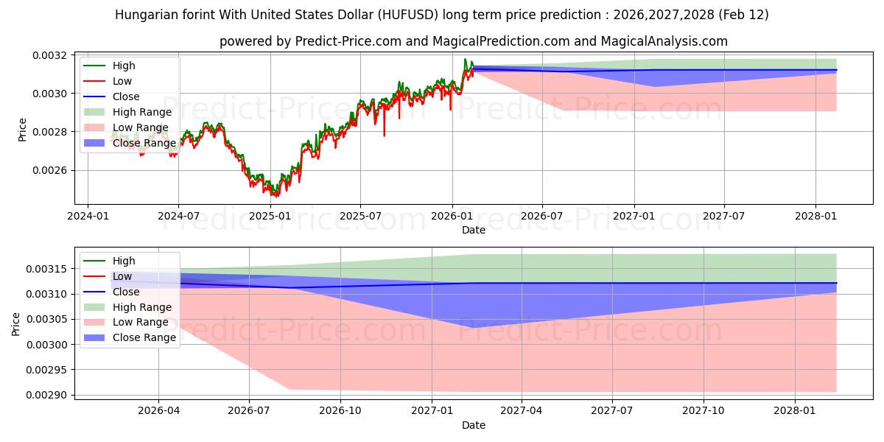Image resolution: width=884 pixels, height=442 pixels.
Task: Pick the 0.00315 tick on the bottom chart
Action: click(x=51, y=269)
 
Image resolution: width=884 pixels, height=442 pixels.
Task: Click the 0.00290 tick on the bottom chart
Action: click(x=51, y=396)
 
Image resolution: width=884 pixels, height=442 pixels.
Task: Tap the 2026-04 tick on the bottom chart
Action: click(x=158, y=410)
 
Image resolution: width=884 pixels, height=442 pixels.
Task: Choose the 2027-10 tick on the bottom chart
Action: click(x=704, y=410)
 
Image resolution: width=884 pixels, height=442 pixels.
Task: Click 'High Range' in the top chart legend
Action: click(x=141, y=112)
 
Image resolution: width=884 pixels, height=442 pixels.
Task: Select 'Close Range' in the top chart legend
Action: click(x=144, y=143)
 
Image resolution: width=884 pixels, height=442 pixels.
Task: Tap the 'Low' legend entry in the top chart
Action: click(x=122, y=81)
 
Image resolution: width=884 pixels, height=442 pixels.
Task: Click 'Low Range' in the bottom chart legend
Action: click(x=140, y=323)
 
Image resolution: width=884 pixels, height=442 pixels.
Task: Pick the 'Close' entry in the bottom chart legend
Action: click(x=126, y=292)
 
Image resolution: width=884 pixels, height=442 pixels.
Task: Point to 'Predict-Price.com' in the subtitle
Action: click(x=344, y=41)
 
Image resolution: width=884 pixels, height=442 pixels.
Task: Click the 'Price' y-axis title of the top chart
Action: click(x=22, y=129)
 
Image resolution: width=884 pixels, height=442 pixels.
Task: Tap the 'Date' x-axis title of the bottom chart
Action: click(x=474, y=425)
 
